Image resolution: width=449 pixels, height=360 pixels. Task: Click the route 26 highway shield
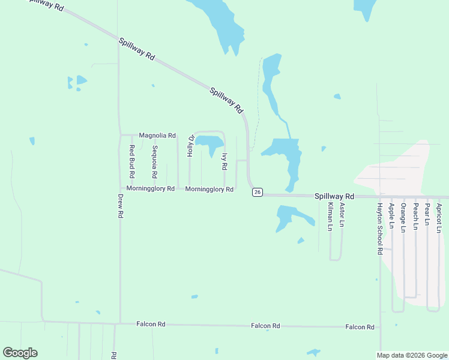point(257,192)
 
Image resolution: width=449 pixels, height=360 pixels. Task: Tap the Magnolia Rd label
point(157,136)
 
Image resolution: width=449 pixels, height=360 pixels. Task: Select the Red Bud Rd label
point(131,161)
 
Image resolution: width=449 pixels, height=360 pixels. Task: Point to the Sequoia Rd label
point(154,162)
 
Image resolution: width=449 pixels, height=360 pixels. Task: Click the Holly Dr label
point(190,146)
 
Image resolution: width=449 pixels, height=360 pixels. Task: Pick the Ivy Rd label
point(224,160)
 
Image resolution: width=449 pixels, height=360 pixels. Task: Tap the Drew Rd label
point(120,206)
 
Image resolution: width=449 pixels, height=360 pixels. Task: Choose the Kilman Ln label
point(330,217)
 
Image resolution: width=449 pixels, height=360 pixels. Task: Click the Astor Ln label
point(342,215)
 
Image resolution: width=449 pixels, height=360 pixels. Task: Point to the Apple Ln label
point(391,216)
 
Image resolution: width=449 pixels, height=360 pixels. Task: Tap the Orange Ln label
point(403,218)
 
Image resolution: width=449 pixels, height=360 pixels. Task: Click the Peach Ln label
point(415,217)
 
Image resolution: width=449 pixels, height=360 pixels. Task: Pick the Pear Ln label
point(427,214)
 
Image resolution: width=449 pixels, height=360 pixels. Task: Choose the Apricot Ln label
point(439,218)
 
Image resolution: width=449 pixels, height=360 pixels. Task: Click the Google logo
point(20,353)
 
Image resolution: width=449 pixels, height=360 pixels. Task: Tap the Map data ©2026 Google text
point(412,355)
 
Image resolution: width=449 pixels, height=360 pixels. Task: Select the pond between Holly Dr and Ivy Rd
point(209,142)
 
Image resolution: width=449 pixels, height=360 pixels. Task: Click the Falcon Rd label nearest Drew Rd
point(151,324)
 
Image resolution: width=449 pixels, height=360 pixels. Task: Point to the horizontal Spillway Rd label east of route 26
point(334,196)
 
